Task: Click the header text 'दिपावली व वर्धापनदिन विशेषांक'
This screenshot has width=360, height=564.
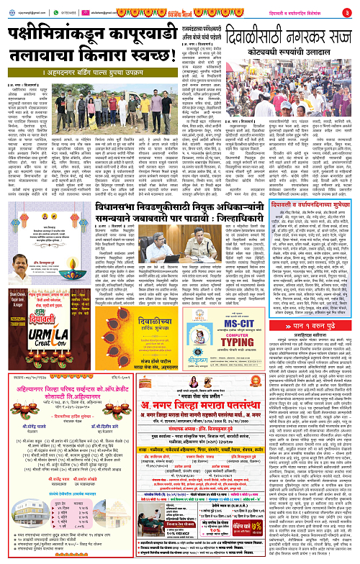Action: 299,12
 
